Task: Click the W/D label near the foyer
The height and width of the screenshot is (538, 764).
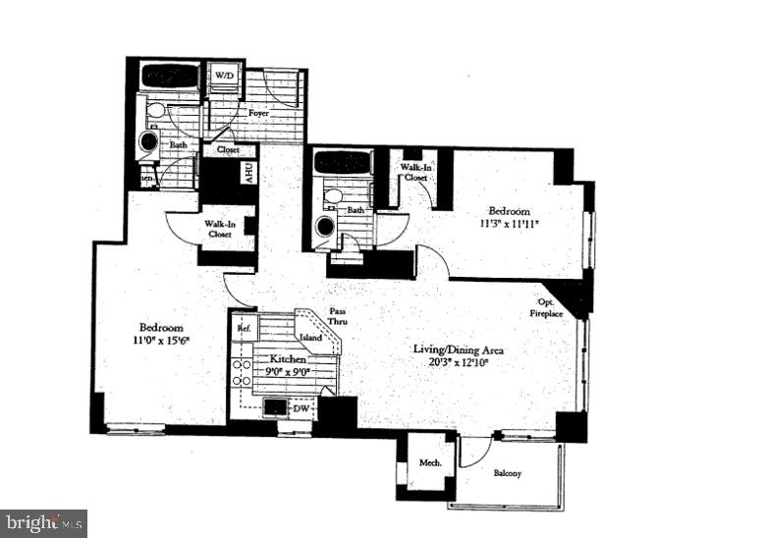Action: click(225, 76)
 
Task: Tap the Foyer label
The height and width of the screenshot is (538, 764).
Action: click(258, 114)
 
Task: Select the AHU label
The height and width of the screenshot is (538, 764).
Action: click(249, 175)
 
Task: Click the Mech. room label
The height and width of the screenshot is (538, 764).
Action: click(430, 463)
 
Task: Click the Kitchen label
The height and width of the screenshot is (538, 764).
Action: click(286, 359)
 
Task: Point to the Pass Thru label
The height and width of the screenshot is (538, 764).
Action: click(337, 316)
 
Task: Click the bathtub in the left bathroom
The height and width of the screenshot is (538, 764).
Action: click(170, 76)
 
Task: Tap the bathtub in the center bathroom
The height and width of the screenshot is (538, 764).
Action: click(343, 162)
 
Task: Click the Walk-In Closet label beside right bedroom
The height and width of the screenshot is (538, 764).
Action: click(413, 173)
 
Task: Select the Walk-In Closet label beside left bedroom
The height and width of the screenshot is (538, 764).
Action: click(220, 230)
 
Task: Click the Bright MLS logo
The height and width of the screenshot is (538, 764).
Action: click(44, 522)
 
